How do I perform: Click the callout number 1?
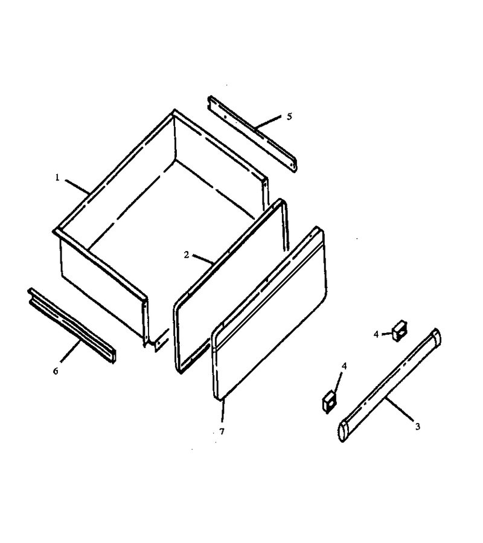pos(57,177)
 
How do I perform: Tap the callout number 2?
pos(187,255)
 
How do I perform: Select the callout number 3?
pos(418,427)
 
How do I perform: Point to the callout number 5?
pos(289,116)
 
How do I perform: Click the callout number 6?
pos(56,371)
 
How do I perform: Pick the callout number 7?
pos(222,431)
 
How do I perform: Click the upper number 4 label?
pos(376,334)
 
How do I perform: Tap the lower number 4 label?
pos(344,366)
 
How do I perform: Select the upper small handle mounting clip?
pos(400,331)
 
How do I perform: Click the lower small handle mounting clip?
pos(329,402)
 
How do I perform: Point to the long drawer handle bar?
pos(389,386)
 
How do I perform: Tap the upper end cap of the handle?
pos(436,336)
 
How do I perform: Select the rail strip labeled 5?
pos(252,134)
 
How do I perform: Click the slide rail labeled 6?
pos(72,325)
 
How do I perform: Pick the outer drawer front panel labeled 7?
pos(269,314)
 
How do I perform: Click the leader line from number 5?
pos(268,123)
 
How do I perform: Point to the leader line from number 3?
pos(399,409)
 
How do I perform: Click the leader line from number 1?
pos(77,186)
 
